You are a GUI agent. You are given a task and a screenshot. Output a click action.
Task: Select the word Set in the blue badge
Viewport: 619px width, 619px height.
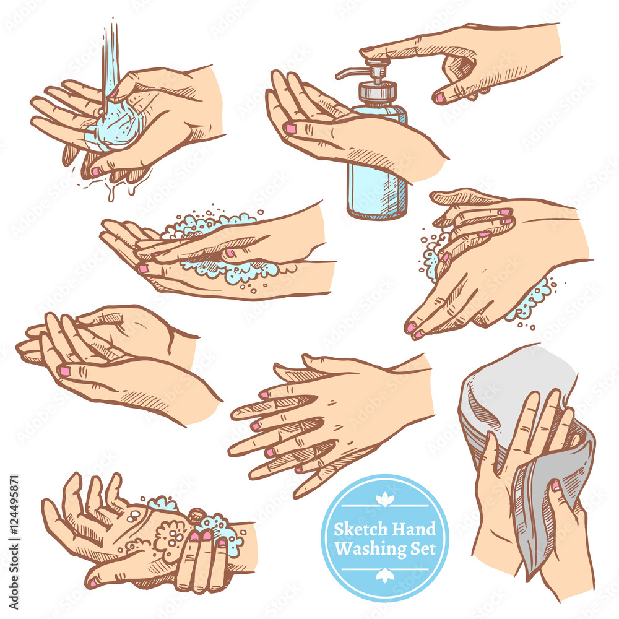(x=423, y=548)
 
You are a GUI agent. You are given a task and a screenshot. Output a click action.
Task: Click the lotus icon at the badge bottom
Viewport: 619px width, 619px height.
(x=385, y=576)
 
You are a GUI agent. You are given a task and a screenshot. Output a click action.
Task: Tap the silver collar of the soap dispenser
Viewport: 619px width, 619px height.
(x=378, y=92)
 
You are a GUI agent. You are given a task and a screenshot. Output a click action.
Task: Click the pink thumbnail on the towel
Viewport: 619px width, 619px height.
(x=555, y=486)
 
